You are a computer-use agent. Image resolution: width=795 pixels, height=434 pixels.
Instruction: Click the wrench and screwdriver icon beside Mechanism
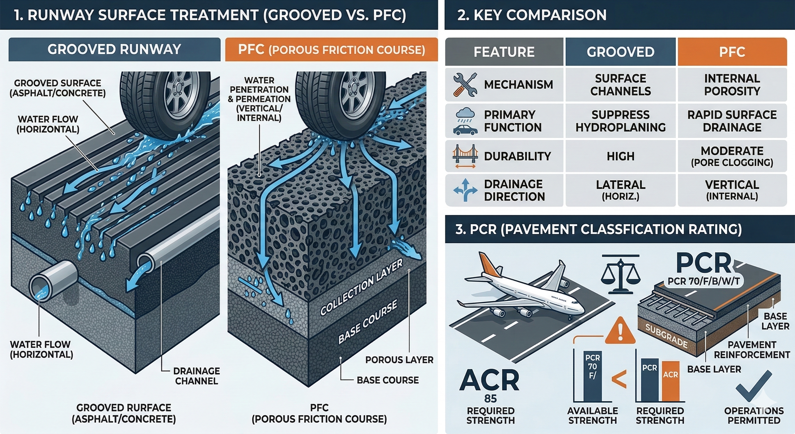[465, 84]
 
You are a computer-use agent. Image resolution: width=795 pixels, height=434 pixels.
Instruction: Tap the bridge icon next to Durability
[465, 156]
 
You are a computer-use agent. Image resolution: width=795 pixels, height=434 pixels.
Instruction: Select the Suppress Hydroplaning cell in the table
[620, 121]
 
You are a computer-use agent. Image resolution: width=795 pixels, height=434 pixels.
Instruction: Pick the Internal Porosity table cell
[732, 85]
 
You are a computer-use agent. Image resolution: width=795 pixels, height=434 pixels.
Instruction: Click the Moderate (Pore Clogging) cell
[732, 156]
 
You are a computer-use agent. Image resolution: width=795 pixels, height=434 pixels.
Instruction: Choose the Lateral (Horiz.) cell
[620, 190]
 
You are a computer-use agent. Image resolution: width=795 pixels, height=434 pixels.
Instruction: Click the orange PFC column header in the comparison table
[732, 52]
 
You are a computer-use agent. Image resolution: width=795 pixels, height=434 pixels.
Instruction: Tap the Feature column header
[504, 52]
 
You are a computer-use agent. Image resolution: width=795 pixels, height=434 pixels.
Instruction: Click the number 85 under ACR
[490, 398]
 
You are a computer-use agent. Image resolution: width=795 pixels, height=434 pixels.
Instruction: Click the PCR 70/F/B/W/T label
[703, 281]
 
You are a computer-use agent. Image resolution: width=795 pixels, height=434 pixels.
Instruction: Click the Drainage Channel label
[196, 376]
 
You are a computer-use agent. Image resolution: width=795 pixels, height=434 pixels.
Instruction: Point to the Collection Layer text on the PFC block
[361, 287]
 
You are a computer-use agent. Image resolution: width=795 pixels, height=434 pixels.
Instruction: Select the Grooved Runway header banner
[114, 49]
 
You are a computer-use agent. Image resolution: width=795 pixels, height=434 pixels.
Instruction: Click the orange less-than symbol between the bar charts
[619, 379]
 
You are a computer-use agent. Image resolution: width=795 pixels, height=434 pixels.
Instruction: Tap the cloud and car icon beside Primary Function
[465, 121]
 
